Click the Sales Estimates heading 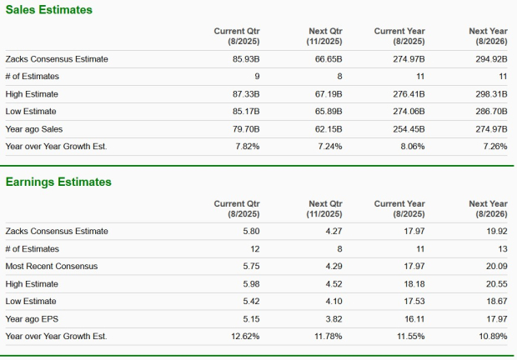pos(48,10)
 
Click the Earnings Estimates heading pos(58,182)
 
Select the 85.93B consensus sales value pos(247,59)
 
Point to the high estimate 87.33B pos(247,94)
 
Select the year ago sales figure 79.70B pos(247,129)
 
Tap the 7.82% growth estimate pos(248,147)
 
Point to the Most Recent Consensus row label pos(52,266)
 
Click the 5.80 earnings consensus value pos(250,231)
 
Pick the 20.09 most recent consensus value pos(496,266)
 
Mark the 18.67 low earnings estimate pos(496,301)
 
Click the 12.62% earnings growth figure pos(245,336)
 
